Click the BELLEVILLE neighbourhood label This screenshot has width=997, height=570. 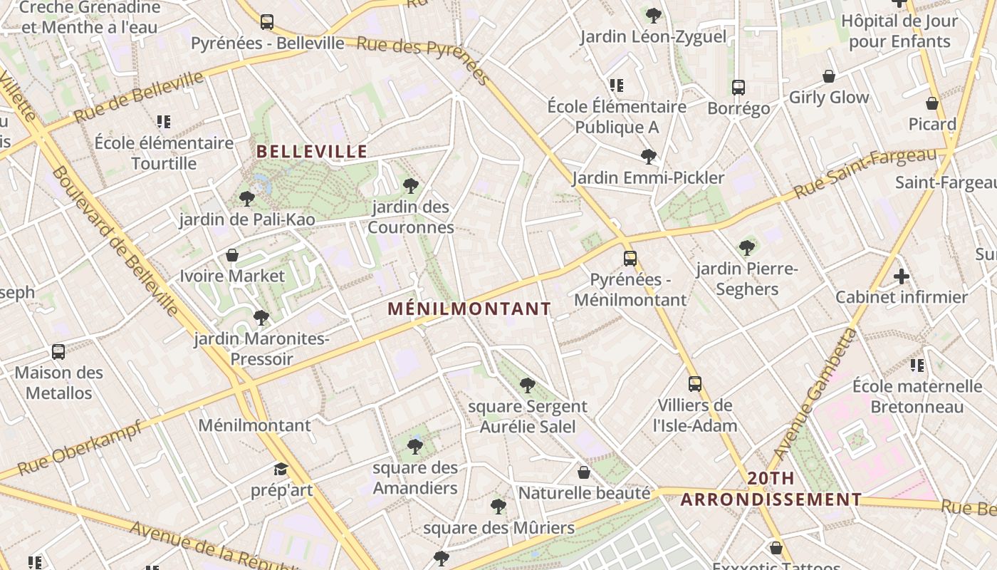pos(311,152)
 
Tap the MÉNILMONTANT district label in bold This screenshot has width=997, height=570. pos(469,309)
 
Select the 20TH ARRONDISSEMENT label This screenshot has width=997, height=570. pos(771,489)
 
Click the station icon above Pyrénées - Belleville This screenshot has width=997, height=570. pos(267,22)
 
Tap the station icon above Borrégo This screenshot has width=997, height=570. pos(738,88)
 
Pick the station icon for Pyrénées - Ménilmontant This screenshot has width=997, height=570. pos(630,259)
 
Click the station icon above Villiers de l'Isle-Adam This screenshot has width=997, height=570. pos(695,384)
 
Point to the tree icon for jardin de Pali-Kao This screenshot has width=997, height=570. pos(247,199)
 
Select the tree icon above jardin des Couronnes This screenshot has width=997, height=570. pos(410,187)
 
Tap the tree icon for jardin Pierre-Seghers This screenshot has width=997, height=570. pos(747,248)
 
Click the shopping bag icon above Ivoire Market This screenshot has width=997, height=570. pos(232,255)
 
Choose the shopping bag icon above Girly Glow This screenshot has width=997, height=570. pos(829,76)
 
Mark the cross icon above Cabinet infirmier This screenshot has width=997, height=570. pos(902,276)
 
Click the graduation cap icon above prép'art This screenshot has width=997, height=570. pos(281,470)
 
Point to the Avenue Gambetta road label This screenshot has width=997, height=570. pos(815,394)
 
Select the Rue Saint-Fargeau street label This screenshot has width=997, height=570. pos(865,172)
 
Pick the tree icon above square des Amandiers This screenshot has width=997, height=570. pos(415,447)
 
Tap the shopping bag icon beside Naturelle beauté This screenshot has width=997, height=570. pos(584,472)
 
